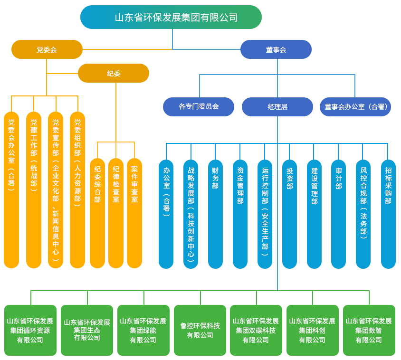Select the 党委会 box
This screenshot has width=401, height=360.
click(x=47, y=49)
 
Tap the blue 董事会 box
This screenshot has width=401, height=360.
click(x=276, y=49)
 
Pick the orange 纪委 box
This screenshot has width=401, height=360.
click(x=114, y=73)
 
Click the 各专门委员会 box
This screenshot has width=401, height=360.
click(x=199, y=106)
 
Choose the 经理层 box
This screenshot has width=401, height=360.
click(x=277, y=106)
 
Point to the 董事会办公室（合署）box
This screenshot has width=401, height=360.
click(x=356, y=106)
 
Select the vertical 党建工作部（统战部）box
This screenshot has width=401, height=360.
click(x=34, y=190)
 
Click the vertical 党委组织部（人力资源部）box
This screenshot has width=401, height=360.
click(x=77, y=190)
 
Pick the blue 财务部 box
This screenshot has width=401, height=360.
click(x=216, y=214)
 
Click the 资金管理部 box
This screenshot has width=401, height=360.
click(x=240, y=214)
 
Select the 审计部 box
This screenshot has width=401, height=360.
click(x=339, y=214)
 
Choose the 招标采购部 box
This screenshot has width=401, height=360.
click(x=388, y=214)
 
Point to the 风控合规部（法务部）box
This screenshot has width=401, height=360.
click(x=363, y=214)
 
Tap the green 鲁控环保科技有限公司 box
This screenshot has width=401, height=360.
click(x=200, y=330)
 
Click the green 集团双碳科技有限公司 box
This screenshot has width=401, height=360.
click(x=256, y=330)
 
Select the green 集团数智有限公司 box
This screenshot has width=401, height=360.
click(x=369, y=330)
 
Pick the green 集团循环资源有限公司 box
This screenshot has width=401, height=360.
click(x=30, y=330)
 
